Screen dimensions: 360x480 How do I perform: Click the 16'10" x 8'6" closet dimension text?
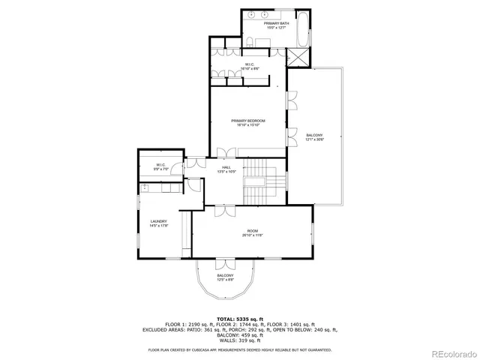point(247,69)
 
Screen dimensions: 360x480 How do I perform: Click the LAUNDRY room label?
point(158,221)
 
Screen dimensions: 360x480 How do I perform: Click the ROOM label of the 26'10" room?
point(252,231)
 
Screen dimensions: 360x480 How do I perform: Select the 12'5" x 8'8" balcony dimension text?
point(225,280)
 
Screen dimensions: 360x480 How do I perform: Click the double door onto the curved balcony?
point(225,264)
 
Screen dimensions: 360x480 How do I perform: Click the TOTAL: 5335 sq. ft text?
point(239,319)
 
